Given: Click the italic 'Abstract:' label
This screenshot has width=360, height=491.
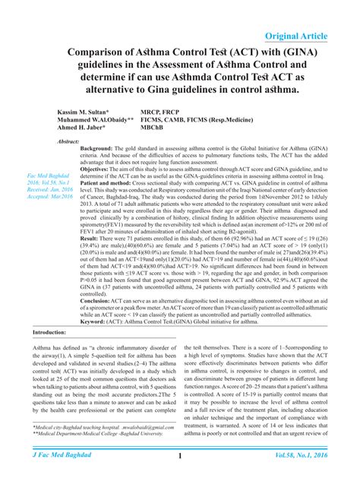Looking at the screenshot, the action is click(71, 142).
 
